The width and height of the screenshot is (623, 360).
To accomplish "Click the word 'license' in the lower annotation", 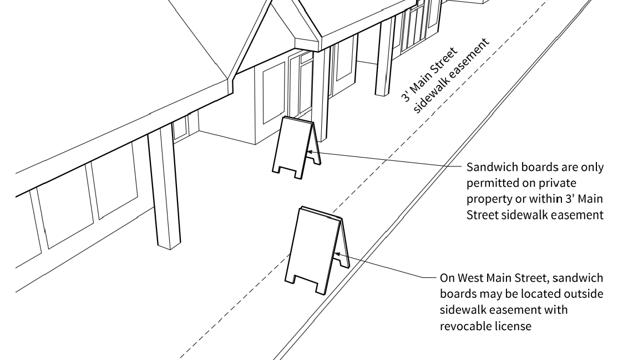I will pyautogui.click(x=513, y=325).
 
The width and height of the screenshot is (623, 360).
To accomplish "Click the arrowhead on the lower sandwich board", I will pyautogui.click(x=336, y=256).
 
